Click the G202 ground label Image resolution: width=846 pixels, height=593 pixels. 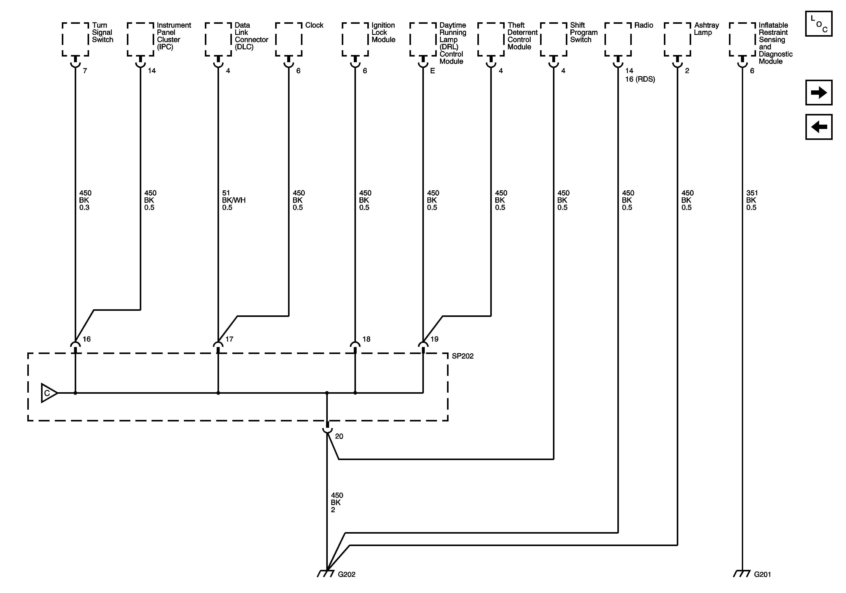pos(346,574)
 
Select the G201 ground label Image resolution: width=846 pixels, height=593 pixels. pos(762,574)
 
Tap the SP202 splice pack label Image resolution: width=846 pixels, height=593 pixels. pos(463,356)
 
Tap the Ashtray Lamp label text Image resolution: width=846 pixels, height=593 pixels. pos(706,29)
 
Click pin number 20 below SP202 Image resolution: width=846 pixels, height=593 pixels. pos(339,437)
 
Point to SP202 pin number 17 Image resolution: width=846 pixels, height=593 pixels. pos(229,339)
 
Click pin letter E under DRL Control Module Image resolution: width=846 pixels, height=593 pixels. pos(433,71)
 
